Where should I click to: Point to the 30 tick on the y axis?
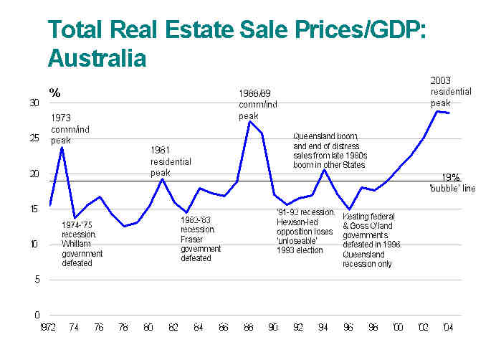click(35, 103)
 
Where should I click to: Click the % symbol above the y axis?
click(54, 92)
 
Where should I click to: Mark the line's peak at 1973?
click(62, 147)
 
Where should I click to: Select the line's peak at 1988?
click(249, 121)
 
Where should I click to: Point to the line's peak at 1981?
click(162, 179)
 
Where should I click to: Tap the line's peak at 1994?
click(323, 169)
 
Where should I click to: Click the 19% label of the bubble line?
click(451, 177)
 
